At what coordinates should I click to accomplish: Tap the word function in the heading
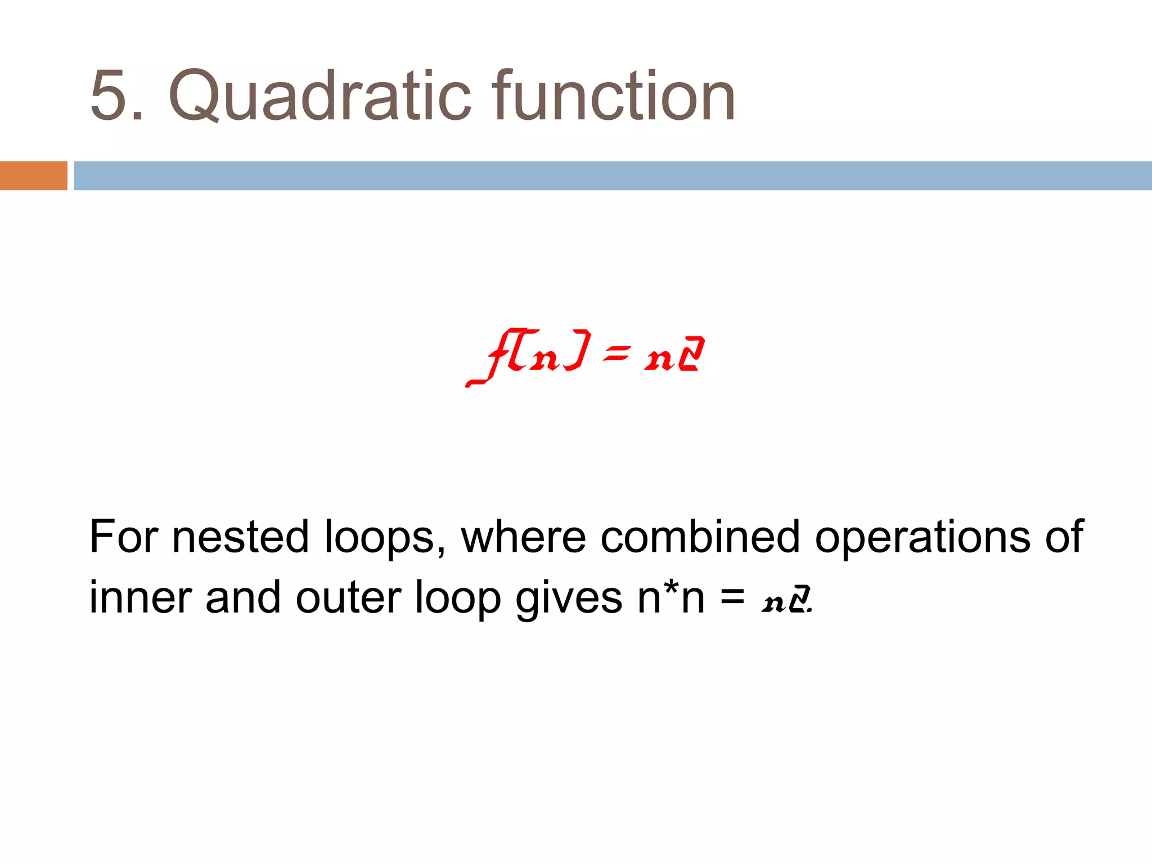613,96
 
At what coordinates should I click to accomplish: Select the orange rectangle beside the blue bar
33,175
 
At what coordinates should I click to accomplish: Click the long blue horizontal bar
613,175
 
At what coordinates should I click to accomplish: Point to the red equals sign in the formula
615,354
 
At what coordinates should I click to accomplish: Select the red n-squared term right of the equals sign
674,355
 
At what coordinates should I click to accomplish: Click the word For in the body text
123,537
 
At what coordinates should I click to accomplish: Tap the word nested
240,537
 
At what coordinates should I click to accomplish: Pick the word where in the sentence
524,537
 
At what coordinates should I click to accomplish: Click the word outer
349,597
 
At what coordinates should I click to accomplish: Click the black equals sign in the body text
733,597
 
